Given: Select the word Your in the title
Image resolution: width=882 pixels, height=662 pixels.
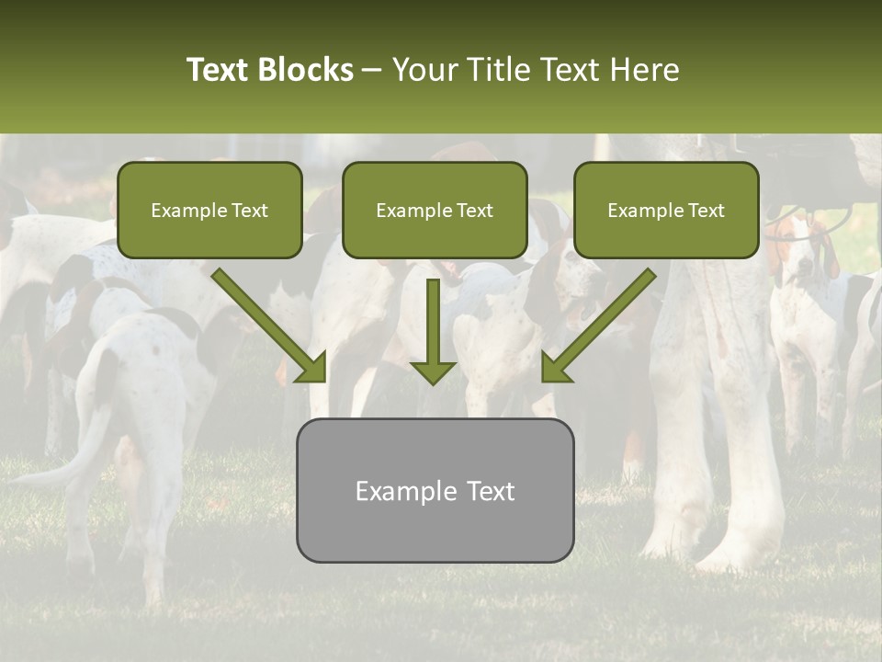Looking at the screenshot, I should (424, 70).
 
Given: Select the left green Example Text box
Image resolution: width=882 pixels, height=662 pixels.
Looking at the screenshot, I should (209, 210).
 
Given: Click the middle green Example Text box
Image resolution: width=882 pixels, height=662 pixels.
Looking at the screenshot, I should (435, 210).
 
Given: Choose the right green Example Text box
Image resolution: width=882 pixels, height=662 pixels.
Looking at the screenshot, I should (666, 210).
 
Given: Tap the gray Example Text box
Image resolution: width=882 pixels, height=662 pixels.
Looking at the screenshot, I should (435, 490).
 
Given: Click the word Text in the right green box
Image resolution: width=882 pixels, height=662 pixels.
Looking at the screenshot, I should (705, 211).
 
